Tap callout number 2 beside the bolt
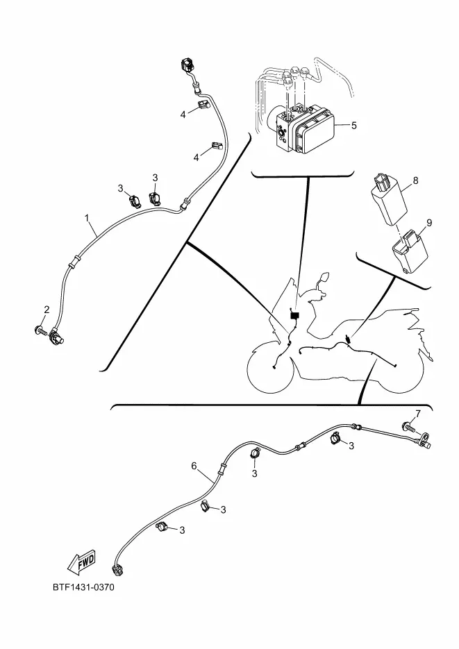47,310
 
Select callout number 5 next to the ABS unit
353,126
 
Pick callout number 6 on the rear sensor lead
194,466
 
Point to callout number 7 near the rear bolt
417,414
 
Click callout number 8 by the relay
415,180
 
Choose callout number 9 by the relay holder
428,223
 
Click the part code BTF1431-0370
83,588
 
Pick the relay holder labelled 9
409,248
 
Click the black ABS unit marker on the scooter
294,316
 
